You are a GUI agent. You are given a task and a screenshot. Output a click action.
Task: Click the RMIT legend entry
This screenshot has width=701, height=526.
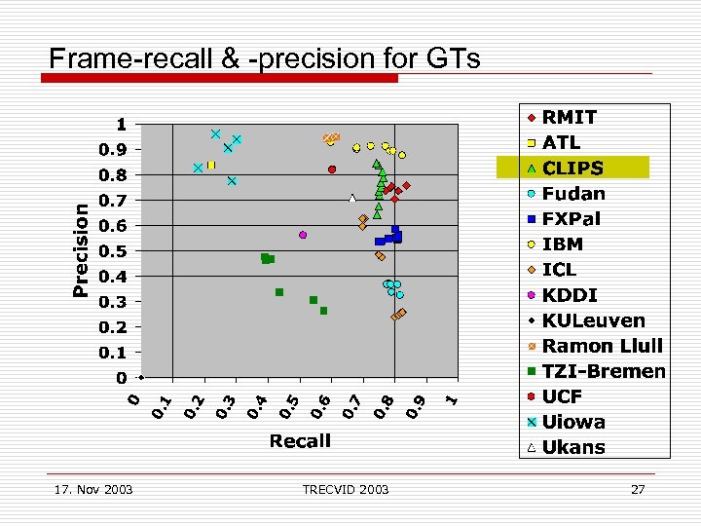(x=570, y=117)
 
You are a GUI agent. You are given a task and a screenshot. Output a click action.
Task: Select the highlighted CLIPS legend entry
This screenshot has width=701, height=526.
(x=572, y=168)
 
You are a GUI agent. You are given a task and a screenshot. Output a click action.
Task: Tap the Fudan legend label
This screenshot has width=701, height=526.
(x=573, y=193)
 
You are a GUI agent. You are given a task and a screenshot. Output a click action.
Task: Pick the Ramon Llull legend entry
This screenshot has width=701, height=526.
(x=602, y=346)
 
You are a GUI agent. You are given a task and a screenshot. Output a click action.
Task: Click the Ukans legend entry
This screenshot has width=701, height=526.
(x=573, y=447)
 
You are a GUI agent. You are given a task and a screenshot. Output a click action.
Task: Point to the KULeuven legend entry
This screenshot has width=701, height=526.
(x=593, y=320)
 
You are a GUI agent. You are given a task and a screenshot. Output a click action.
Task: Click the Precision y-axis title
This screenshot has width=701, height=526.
(x=83, y=249)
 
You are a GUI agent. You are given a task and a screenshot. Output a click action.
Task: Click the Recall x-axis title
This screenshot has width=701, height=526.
(x=300, y=441)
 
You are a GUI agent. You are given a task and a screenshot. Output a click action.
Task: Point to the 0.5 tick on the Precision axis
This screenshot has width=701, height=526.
(x=115, y=251)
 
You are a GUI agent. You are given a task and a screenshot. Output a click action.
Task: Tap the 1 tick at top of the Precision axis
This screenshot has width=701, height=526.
(x=122, y=125)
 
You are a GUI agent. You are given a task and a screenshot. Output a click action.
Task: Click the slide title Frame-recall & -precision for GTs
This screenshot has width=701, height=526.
(x=265, y=58)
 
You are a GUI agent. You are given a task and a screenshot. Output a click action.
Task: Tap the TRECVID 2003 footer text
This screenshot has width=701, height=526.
(x=345, y=489)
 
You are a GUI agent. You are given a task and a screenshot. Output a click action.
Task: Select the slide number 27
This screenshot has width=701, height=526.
(x=638, y=489)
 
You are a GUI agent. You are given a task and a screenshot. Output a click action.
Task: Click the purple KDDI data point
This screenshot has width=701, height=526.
(x=303, y=235)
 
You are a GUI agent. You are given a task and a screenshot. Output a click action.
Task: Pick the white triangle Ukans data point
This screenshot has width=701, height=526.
(x=352, y=199)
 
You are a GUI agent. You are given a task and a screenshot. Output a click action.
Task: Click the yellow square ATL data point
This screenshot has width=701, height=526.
(x=210, y=166)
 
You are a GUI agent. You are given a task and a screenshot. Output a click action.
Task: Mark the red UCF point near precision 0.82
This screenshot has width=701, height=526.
(x=332, y=169)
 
